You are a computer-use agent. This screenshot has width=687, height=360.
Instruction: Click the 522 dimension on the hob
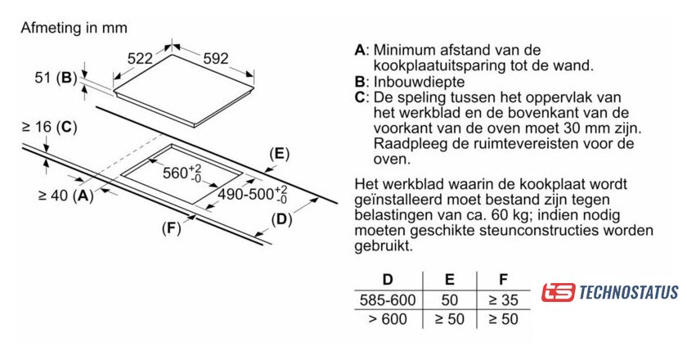click(x=140, y=58)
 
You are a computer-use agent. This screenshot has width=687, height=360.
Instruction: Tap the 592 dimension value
click(x=216, y=58)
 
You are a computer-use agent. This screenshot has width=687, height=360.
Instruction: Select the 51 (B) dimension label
click(x=56, y=78)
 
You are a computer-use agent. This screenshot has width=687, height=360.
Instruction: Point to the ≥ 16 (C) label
click(x=49, y=127)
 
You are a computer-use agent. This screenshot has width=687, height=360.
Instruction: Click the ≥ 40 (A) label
click(x=66, y=195)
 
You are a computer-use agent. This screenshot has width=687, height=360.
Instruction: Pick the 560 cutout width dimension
click(x=182, y=173)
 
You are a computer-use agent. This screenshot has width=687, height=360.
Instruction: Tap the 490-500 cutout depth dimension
click(x=253, y=194)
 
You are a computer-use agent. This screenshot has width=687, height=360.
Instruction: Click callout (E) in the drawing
click(x=280, y=154)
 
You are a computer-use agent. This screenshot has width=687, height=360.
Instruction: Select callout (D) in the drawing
click(x=281, y=219)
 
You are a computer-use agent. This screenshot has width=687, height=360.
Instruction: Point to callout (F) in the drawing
click(x=171, y=228)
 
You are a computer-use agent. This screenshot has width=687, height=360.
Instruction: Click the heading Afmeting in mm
click(x=74, y=28)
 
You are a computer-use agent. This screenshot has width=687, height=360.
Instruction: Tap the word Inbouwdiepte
click(x=419, y=82)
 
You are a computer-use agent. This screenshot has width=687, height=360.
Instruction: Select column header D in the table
click(x=388, y=279)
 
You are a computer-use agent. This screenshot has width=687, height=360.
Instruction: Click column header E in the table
click(x=450, y=279)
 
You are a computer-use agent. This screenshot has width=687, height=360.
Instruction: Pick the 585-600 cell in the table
click(x=388, y=300)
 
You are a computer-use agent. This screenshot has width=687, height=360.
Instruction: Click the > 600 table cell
click(x=388, y=319)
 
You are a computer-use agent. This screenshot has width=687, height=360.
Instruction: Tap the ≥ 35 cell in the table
click(x=504, y=300)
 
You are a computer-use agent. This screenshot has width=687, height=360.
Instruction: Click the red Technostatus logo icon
click(x=558, y=292)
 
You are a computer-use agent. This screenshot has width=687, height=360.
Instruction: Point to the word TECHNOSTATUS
click(x=629, y=292)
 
